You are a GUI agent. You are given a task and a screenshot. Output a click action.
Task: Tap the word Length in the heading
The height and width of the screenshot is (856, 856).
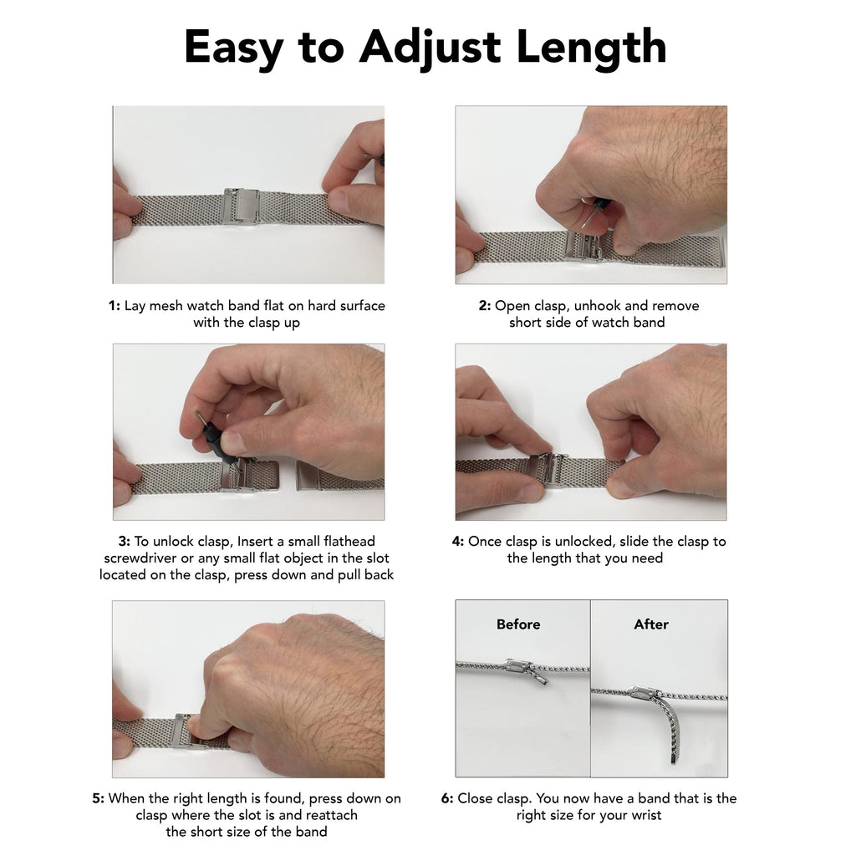(591, 47)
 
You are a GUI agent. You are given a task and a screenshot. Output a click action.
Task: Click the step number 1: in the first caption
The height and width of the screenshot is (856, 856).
(114, 306)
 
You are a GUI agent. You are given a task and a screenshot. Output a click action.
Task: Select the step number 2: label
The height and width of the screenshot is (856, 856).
(485, 306)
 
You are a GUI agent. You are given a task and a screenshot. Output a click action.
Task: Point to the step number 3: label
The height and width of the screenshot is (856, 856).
(124, 541)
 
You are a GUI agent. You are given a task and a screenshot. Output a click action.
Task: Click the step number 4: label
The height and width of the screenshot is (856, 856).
(458, 541)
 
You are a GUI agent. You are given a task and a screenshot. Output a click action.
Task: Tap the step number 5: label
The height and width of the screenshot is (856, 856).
(99, 798)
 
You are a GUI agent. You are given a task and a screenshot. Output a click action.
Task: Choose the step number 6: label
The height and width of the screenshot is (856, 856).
(447, 798)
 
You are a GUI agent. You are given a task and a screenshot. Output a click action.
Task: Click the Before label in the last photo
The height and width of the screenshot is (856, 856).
(518, 624)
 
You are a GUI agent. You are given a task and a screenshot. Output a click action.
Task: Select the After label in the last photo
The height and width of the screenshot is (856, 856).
(650, 624)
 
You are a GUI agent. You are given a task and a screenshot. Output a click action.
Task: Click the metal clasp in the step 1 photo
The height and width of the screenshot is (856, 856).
(240, 206)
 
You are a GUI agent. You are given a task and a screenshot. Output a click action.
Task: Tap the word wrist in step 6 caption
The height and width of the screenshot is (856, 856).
(646, 815)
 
